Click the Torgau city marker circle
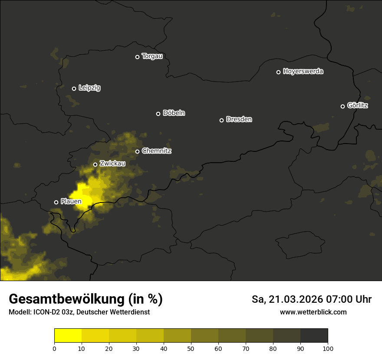click(137, 57)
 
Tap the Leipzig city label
click(89, 88)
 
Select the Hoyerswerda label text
click(303, 72)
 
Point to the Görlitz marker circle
click(342, 106)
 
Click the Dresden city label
click(239, 119)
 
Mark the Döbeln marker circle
click(158, 114)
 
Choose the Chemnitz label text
click(156, 151)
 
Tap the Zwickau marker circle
click(95, 164)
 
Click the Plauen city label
click(71, 202)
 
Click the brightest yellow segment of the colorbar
click(68, 336)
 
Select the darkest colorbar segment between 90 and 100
click(314, 336)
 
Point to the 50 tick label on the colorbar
click(191, 348)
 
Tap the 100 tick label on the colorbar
click(328, 348)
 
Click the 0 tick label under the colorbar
click(54, 348)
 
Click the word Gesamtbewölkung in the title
click(66, 299)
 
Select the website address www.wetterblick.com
click(313, 312)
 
